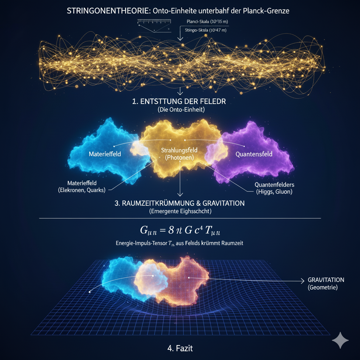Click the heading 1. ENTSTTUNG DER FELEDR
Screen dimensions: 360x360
tap(180, 102)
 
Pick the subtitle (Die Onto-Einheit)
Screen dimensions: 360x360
tap(180, 110)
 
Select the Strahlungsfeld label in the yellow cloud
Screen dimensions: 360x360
tap(179, 150)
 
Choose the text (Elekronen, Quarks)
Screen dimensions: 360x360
tap(83, 190)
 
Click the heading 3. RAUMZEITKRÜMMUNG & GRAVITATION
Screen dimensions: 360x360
tap(180, 203)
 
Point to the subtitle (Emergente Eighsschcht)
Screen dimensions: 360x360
tap(180, 211)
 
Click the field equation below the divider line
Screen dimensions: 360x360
tap(180, 231)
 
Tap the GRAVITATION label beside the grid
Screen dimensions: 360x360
tap(326, 280)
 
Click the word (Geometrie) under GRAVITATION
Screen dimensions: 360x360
tap(323, 288)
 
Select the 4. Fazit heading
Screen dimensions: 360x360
tap(180, 349)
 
